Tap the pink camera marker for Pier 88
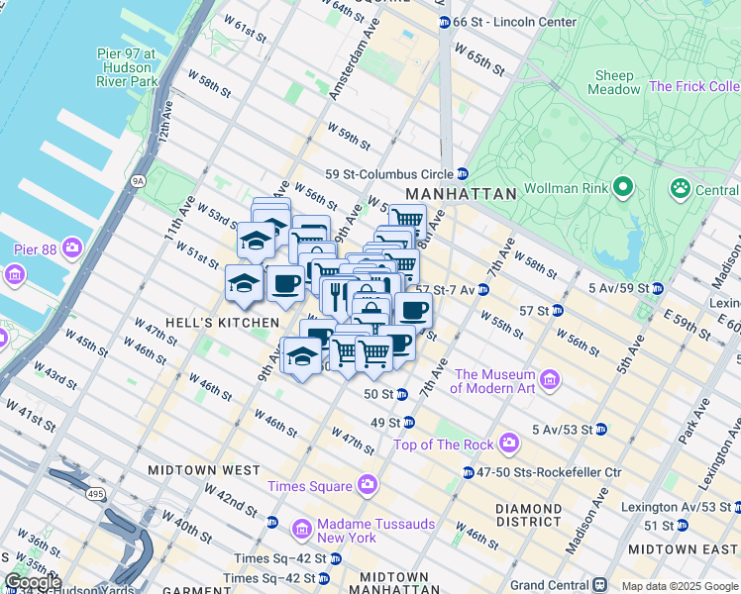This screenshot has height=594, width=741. pyautogui.click(x=72, y=246)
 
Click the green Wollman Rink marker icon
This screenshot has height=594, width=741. pyautogui.click(x=623, y=186)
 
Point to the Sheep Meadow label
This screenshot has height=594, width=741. pyautogui.click(x=615, y=82)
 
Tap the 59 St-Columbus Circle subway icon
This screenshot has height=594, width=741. pyautogui.click(x=462, y=174)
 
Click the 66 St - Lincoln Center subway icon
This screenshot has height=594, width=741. pyautogui.click(x=444, y=22)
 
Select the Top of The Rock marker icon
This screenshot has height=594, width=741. pyautogui.click(x=509, y=444)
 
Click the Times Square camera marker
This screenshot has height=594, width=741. pyautogui.click(x=368, y=485)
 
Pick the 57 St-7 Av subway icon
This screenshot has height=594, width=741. pyautogui.click(x=482, y=289)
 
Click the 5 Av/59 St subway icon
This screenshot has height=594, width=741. pyautogui.click(x=656, y=288)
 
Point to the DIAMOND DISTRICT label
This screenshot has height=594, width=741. pyautogui.click(x=529, y=515)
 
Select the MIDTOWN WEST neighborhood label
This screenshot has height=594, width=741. pyautogui.click(x=203, y=470)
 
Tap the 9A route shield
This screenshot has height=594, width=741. pyautogui.click(x=138, y=180)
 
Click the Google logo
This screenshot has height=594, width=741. pyautogui.click(x=33, y=582)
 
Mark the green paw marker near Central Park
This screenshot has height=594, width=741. pyautogui.click(x=681, y=188)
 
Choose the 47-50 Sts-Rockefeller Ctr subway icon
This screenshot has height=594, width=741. pyautogui.click(x=468, y=472)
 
